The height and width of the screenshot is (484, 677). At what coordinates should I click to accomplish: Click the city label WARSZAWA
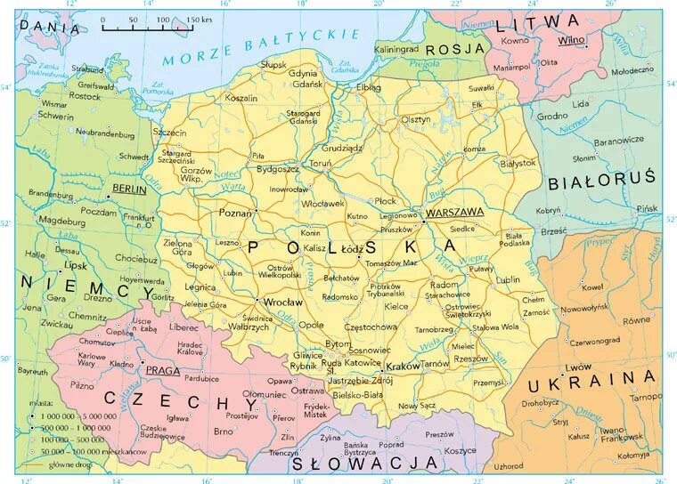[x=454, y=213]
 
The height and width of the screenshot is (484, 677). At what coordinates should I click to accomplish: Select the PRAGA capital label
[x=164, y=370]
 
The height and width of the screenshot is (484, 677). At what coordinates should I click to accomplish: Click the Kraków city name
[x=404, y=366]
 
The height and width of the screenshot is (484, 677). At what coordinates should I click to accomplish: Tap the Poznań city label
[x=235, y=214]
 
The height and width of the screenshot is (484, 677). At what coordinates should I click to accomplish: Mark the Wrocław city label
[x=284, y=302]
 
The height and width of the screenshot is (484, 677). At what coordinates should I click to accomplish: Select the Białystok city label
[x=518, y=163]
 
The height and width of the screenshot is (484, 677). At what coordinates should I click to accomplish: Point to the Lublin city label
[x=509, y=278]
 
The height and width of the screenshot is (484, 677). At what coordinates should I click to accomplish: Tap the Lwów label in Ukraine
[x=579, y=367]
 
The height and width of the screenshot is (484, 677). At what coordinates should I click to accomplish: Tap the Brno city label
[x=224, y=432]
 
